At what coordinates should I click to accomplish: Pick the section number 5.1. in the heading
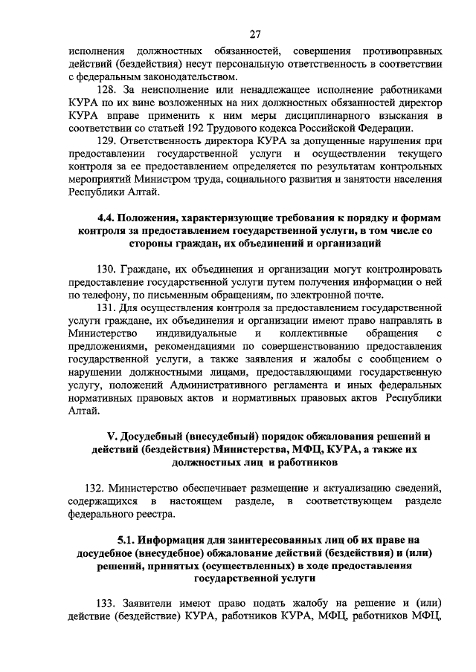coord(129,541)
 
